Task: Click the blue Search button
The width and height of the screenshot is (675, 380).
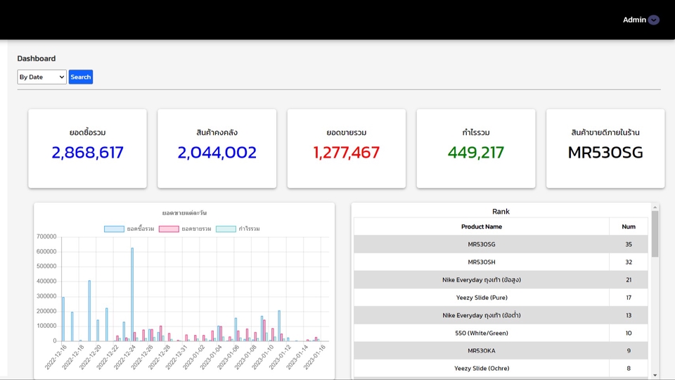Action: point(81,77)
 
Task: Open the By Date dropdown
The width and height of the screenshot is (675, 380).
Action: point(41,77)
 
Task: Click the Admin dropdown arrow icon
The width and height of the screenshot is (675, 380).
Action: point(654,20)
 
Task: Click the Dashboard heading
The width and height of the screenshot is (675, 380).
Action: point(37,58)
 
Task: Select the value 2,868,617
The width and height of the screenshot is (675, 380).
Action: point(87,152)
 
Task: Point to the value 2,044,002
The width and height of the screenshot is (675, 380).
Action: point(217,152)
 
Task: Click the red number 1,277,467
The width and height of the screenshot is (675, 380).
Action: point(346,152)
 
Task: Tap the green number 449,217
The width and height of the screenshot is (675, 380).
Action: point(475,152)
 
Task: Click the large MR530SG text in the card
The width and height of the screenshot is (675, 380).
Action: point(605,152)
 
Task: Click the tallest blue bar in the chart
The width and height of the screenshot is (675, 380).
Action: point(131,296)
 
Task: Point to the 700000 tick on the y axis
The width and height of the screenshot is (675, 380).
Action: point(46,236)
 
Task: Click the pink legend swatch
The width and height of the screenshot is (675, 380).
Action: point(169,229)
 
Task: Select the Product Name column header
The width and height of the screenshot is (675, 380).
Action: point(481,227)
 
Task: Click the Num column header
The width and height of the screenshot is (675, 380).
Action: point(628,227)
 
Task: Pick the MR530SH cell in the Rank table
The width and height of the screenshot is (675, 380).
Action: point(481,262)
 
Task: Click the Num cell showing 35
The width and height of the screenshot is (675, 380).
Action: point(628,244)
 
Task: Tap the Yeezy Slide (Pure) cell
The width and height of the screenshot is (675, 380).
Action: point(481,298)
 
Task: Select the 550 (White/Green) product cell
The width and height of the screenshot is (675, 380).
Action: point(481,333)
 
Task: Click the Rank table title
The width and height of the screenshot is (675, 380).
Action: point(501,211)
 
